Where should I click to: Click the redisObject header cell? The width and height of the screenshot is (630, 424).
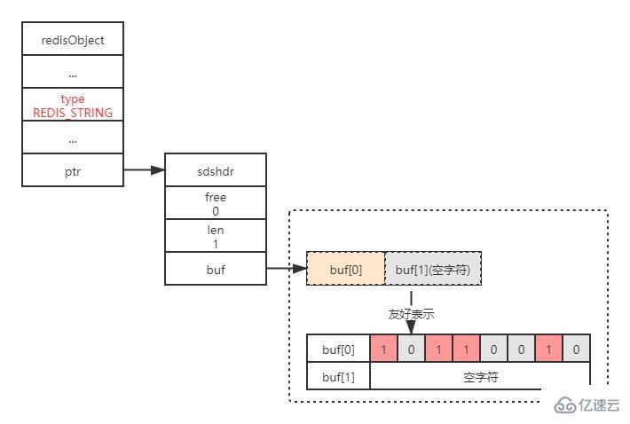(x=73, y=40)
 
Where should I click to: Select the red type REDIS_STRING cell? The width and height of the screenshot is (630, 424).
(x=73, y=106)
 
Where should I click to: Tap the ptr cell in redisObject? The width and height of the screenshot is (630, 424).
(x=73, y=169)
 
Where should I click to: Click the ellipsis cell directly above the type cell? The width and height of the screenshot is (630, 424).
(x=73, y=73)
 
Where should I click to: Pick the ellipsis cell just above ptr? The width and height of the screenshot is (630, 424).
(x=73, y=137)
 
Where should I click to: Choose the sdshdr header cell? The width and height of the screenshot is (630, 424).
(x=215, y=169)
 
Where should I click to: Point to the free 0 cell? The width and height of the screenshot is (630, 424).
(x=215, y=203)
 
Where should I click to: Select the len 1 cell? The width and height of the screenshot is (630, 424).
(x=215, y=236)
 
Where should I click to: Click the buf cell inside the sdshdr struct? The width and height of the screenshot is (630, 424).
(x=215, y=269)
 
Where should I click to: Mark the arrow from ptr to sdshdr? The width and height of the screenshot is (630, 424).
(x=144, y=169)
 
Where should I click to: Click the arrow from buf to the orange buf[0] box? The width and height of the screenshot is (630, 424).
(x=286, y=268)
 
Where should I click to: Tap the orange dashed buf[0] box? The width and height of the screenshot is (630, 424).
(x=346, y=268)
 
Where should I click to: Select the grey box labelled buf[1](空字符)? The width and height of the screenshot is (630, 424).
(x=433, y=268)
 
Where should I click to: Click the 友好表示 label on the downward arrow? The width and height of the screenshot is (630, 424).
(x=411, y=314)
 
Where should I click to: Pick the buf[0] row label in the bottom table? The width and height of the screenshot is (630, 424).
(x=338, y=349)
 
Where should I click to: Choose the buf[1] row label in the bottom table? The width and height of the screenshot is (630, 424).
(x=338, y=377)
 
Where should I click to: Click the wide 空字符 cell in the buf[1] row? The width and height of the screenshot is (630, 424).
(x=480, y=377)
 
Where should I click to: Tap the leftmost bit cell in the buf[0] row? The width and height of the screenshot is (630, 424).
(x=383, y=349)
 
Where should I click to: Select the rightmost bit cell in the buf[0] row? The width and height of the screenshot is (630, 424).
(x=576, y=349)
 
